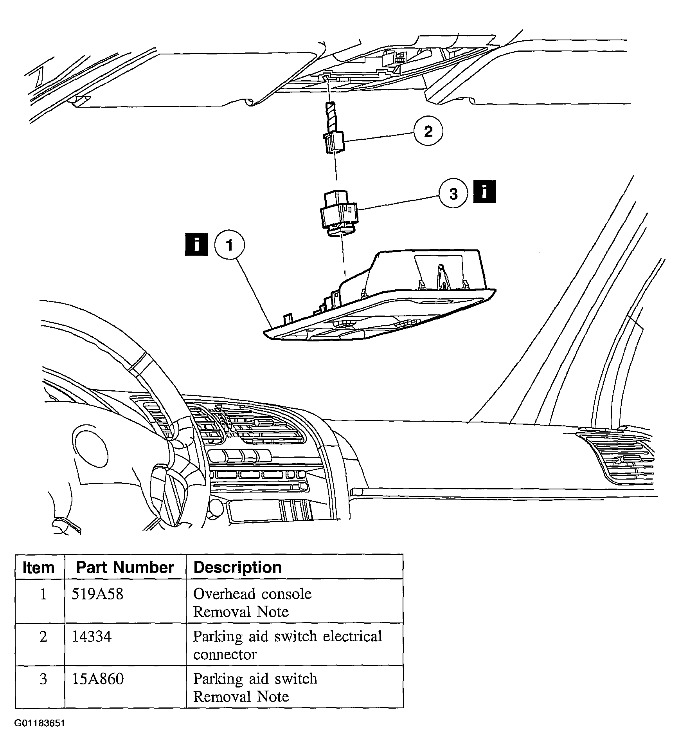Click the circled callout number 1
click(229, 245)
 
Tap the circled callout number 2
click(428, 131)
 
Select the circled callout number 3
click(453, 193)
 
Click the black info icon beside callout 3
click(484, 192)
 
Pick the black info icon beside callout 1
click(196, 245)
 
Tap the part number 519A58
click(97, 594)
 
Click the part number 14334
click(92, 637)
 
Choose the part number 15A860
click(97, 679)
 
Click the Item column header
click(38, 567)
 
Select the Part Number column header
click(125, 567)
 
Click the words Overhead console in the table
click(252, 594)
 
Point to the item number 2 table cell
click(43, 637)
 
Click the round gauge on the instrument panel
click(90, 448)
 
